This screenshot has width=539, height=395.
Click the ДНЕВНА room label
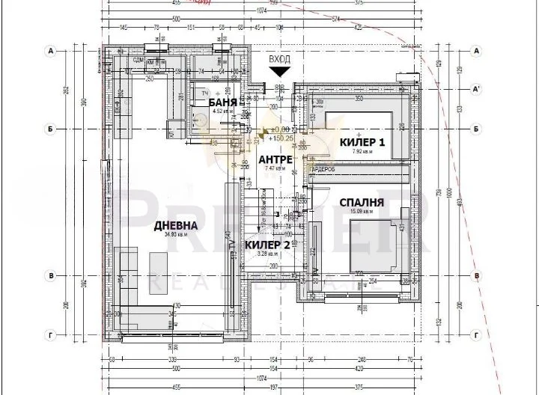[x=176, y=225]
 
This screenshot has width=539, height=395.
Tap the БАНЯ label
[x=223, y=102]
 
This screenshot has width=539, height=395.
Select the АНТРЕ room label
[x=275, y=159]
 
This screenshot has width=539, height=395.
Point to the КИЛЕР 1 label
[x=362, y=142]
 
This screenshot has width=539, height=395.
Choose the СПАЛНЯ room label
[x=362, y=202]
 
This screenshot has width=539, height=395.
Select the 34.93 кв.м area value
[x=175, y=234]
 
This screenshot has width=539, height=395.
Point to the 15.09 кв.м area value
[x=361, y=211]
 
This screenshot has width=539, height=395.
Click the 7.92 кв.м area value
[x=362, y=151]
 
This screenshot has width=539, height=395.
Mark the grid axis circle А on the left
[x=52, y=52]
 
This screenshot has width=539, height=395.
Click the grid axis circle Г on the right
[x=476, y=336]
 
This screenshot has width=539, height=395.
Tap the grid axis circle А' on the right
[x=476, y=89]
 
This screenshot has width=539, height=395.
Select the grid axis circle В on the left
[x=52, y=276]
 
